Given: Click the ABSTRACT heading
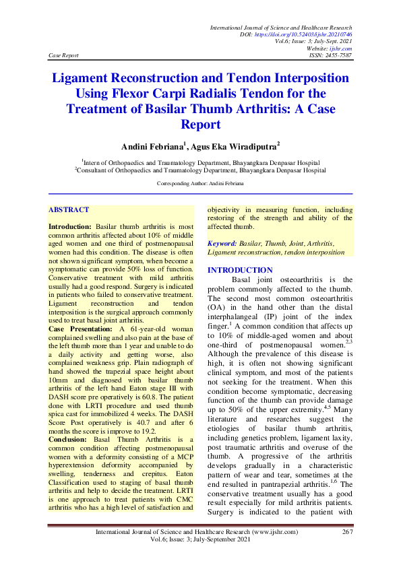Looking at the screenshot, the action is click(x=69, y=209).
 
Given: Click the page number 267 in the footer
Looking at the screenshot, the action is click(x=347, y=532).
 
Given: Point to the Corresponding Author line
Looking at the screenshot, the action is click(x=200, y=183).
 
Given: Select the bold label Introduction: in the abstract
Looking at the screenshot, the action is click(x=71, y=227).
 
